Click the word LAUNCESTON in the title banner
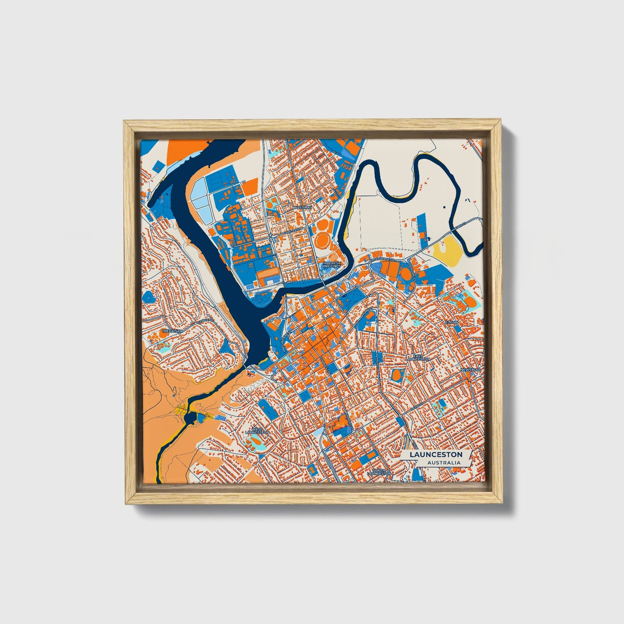[436, 455]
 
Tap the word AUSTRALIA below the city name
[443, 463]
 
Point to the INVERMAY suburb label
[302, 208]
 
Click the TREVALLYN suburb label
[172, 331]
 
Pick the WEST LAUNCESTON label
[257, 431]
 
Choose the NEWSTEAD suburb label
[470, 370]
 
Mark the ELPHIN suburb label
[451, 322]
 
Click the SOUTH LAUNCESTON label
[379, 472]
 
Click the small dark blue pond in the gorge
[190, 418]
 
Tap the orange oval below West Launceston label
[255, 441]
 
